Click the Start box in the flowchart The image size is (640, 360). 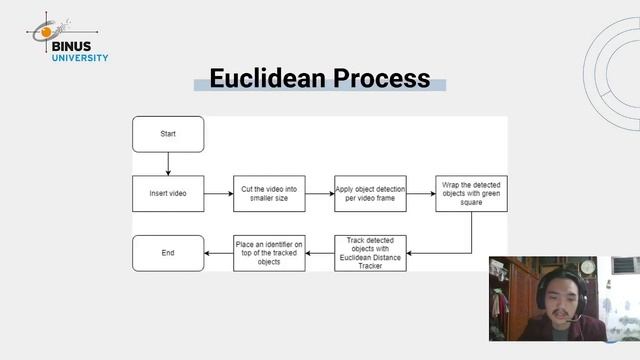point(168,134)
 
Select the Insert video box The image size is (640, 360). point(168,193)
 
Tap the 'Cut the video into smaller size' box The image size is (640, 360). point(269,193)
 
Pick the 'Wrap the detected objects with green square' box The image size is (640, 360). point(471,193)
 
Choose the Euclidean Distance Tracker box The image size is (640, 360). point(370,253)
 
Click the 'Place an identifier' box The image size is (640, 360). point(269,253)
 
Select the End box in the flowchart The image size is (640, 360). point(168,253)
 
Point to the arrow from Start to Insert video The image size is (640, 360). point(168,163)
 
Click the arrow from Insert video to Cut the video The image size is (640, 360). point(218,193)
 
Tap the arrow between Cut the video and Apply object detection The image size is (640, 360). point(319,193)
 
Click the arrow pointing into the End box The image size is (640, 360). point(218,253)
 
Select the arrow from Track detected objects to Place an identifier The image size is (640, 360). point(319,253)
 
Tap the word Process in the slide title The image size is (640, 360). point(382,78)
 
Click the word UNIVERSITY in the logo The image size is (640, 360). point(80,57)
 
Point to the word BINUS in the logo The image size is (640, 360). point(80,44)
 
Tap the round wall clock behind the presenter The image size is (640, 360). point(587,267)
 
